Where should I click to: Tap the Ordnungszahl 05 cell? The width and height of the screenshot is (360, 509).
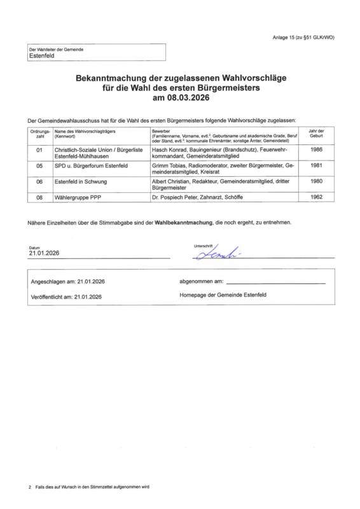(39, 165)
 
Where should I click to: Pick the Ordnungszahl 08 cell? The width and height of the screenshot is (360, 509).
(39, 199)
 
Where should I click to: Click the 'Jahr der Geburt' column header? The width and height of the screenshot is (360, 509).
(320, 133)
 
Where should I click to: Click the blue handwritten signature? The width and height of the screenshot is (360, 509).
(214, 253)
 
